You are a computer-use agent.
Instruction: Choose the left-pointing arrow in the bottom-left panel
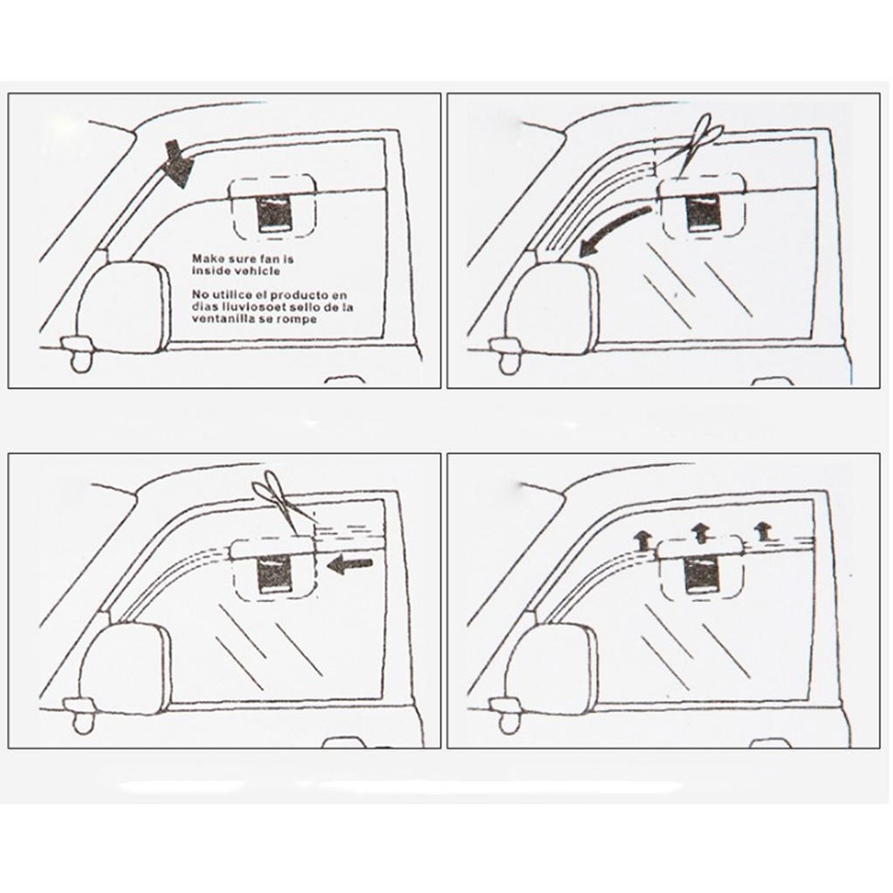[x=349, y=563]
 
